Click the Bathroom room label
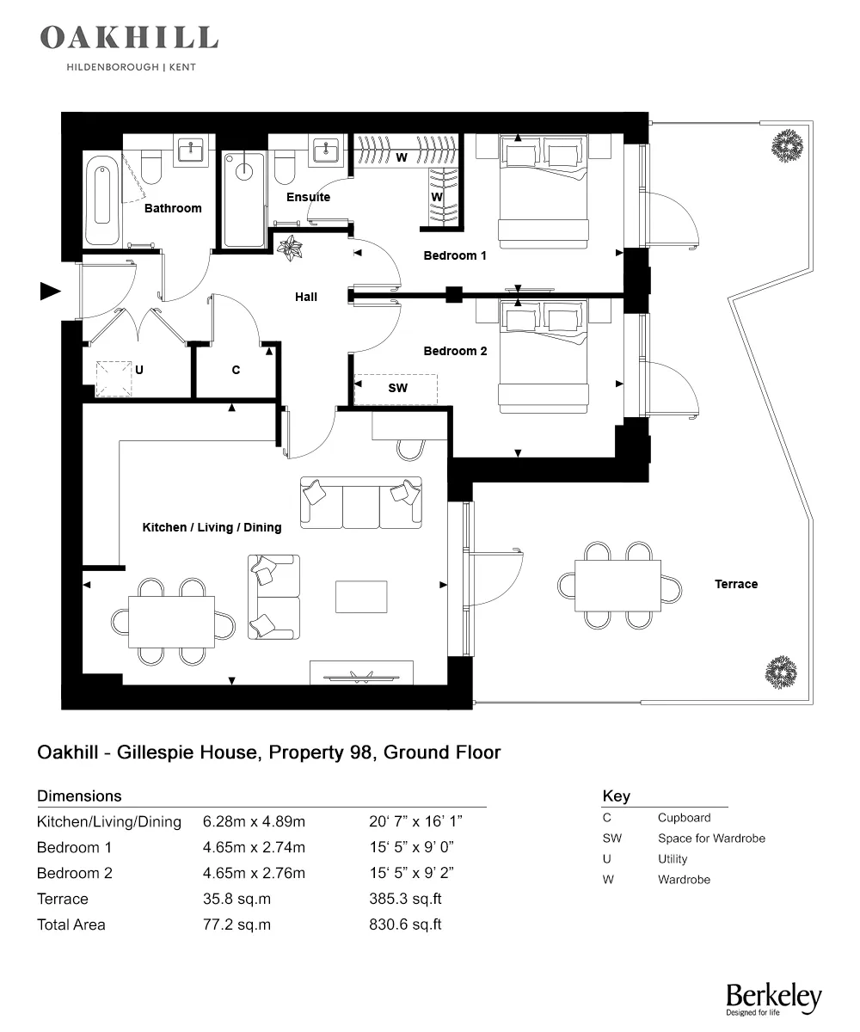(173, 208)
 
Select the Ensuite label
(308, 197)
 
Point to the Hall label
(306, 297)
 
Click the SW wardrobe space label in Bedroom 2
(397, 389)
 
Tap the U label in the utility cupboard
(138, 370)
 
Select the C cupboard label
(236, 370)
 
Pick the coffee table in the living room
(361, 597)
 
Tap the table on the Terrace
(617, 585)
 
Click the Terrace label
(736, 584)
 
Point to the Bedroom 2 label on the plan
(455, 351)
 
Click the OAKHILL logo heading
(129, 38)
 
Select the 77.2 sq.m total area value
(236, 924)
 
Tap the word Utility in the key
(673, 859)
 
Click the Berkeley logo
(773, 998)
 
